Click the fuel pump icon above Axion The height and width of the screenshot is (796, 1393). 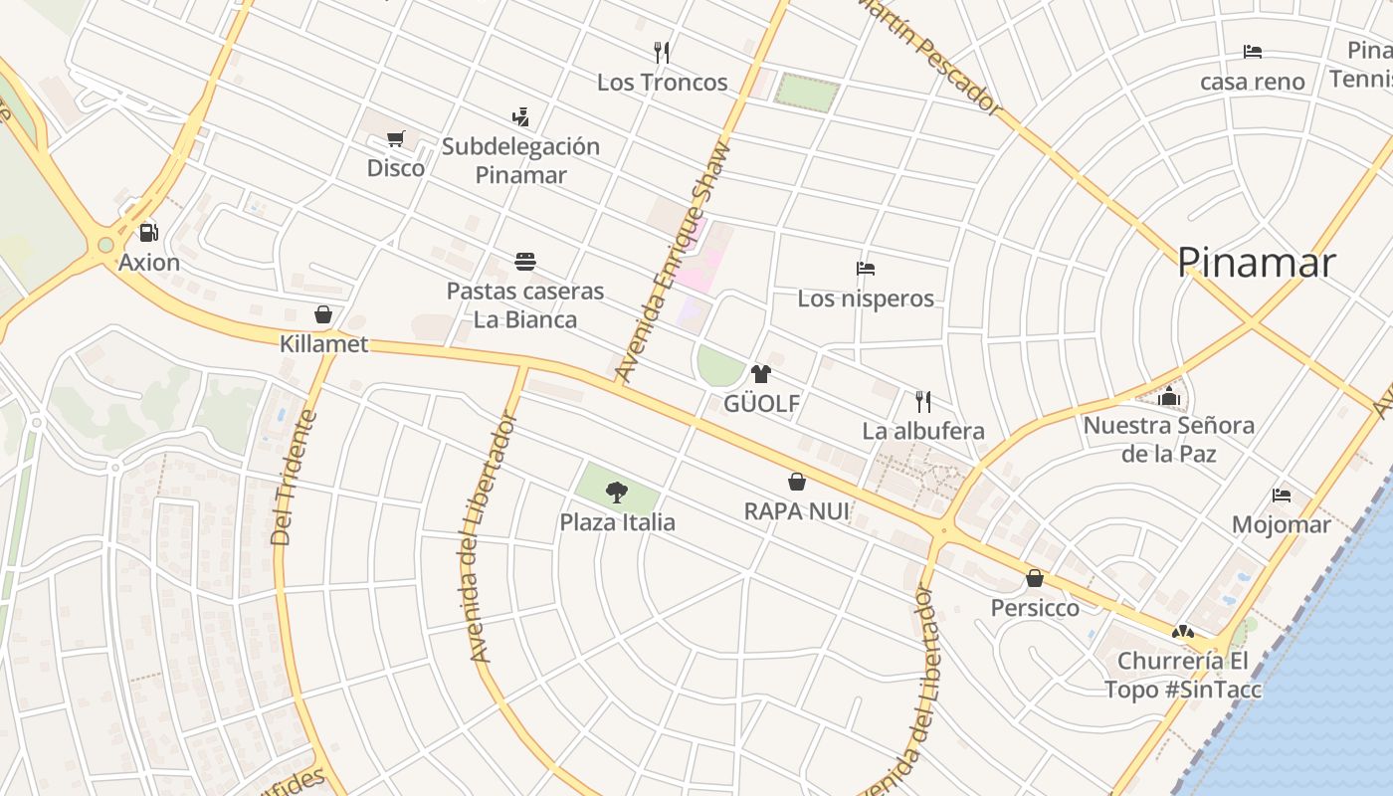tap(148, 233)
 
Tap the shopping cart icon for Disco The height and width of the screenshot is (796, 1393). tap(395, 138)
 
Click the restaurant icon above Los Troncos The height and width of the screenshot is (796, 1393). tap(662, 52)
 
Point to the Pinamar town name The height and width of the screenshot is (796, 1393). tap(1256, 263)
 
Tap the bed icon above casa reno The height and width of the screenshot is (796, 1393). tap(1253, 52)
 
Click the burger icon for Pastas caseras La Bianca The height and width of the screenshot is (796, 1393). tap(525, 262)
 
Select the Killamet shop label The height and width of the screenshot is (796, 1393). tap(324, 344)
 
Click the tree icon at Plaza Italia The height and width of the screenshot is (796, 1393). tap(617, 492)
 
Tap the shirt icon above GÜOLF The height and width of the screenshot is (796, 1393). tap(761, 374)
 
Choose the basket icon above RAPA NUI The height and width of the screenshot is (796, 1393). tap(797, 483)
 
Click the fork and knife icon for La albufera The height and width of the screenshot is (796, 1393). tap(923, 402)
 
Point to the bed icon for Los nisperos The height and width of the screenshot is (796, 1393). tap(866, 269)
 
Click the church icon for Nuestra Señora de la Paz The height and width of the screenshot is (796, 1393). tap(1169, 396)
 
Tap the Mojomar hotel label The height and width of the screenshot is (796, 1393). tap(1281, 524)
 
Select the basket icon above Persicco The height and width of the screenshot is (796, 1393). tap(1035, 578)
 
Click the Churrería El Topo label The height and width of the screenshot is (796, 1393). tap(1182, 675)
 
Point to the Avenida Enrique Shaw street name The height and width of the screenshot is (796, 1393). tap(673, 265)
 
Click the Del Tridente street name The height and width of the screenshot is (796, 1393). tap(295, 479)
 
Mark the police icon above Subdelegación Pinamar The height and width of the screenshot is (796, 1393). tap(520, 117)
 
